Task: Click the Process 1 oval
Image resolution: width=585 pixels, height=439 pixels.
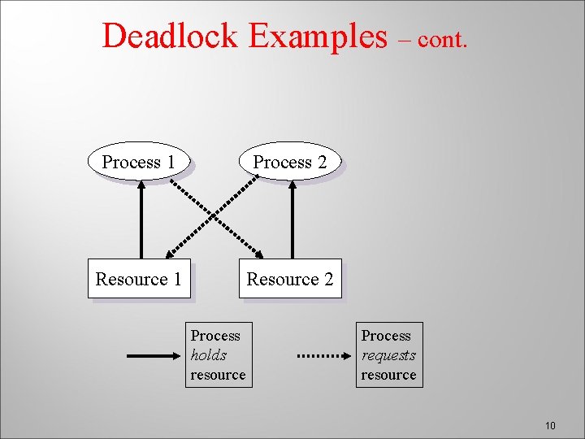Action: click(x=138, y=162)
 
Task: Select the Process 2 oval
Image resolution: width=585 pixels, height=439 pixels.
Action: click(x=289, y=162)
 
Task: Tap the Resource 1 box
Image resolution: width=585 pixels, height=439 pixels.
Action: click(x=139, y=279)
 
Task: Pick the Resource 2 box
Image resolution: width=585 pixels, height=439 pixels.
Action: click(x=290, y=279)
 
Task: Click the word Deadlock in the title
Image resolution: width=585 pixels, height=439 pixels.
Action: click(x=170, y=36)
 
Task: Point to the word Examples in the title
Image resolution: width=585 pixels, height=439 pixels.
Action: click(x=318, y=36)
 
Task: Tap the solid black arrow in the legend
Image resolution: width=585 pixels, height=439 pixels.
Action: click(x=152, y=355)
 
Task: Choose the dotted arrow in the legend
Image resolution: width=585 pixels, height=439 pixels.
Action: click(x=323, y=355)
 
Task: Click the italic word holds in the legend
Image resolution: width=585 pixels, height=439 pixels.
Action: click(x=209, y=355)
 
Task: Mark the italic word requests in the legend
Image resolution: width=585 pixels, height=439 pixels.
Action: click(x=388, y=355)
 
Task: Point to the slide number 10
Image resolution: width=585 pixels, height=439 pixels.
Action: click(x=550, y=426)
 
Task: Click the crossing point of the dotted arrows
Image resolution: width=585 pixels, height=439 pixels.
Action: click(x=215, y=218)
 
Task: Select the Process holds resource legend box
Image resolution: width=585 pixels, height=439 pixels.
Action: click(x=218, y=355)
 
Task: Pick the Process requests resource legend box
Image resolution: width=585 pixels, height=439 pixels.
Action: click(x=389, y=355)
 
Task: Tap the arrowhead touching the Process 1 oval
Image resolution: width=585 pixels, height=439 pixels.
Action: click(x=141, y=185)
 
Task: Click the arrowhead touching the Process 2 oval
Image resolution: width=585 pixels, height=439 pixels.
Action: click(x=292, y=185)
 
